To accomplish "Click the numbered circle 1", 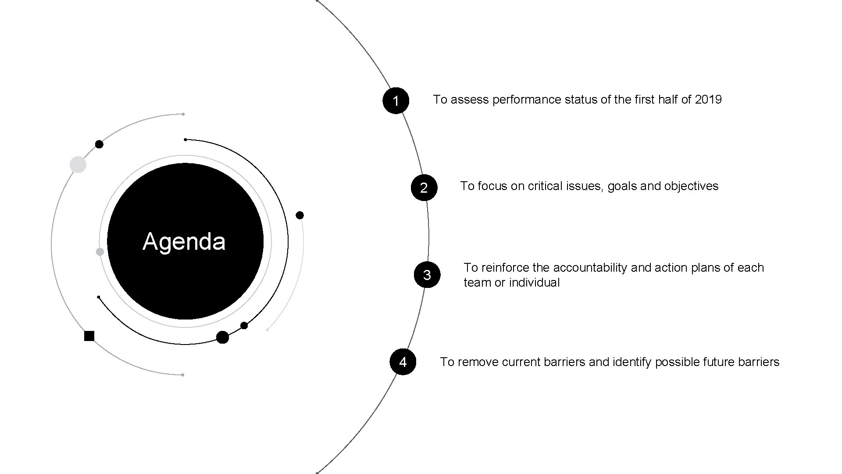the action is click(396, 101).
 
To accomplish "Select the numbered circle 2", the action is click(424, 187).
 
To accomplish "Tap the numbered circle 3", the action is click(427, 275).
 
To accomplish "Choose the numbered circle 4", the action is click(403, 362).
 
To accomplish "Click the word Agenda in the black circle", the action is click(184, 241).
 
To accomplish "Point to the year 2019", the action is click(708, 100).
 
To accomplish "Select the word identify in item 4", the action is click(632, 362).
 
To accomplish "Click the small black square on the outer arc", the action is click(89, 336).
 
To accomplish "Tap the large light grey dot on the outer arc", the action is click(78, 165).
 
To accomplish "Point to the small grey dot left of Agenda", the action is click(100, 252).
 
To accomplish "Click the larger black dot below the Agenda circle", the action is click(222, 337).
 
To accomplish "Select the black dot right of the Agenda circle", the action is click(300, 215).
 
